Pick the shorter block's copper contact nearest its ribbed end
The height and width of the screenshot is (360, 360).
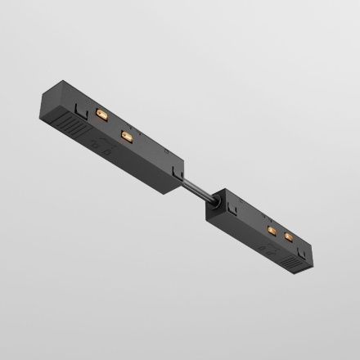point(288,238)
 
